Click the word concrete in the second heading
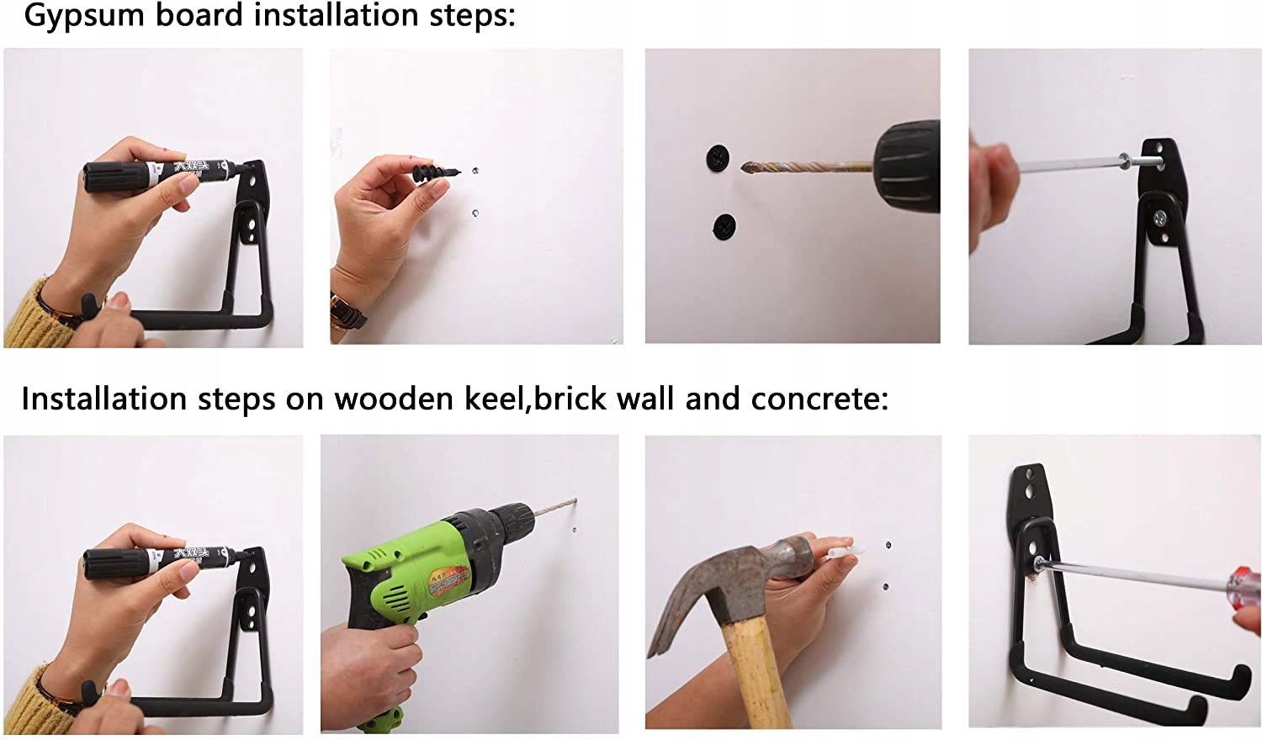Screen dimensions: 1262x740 click(x=819, y=399)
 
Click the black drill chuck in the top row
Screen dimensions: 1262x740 click(x=907, y=166)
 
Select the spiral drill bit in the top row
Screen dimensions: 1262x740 click(x=806, y=166)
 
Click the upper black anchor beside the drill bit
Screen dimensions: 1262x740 click(x=717, y=158)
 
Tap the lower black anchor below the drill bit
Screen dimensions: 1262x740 click(x=724, y=226)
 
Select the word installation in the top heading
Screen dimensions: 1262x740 click(x=336, y=16)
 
